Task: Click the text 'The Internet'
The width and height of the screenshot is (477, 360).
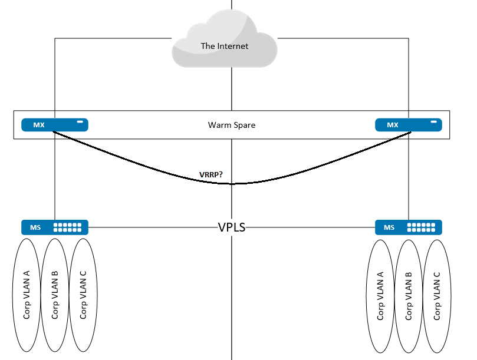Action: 225,46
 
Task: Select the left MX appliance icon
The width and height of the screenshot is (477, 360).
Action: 55,125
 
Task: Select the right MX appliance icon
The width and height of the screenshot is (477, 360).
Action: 409,125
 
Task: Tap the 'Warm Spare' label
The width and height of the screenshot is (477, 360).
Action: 232,125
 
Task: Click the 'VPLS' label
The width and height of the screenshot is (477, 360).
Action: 232,227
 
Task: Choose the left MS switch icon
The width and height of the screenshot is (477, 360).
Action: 55,227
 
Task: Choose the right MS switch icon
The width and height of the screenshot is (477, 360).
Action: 409,227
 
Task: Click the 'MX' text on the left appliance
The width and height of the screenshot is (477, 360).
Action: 39,125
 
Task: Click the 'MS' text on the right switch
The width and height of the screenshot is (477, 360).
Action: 389,227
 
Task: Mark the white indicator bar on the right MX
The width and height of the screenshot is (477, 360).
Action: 435,122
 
